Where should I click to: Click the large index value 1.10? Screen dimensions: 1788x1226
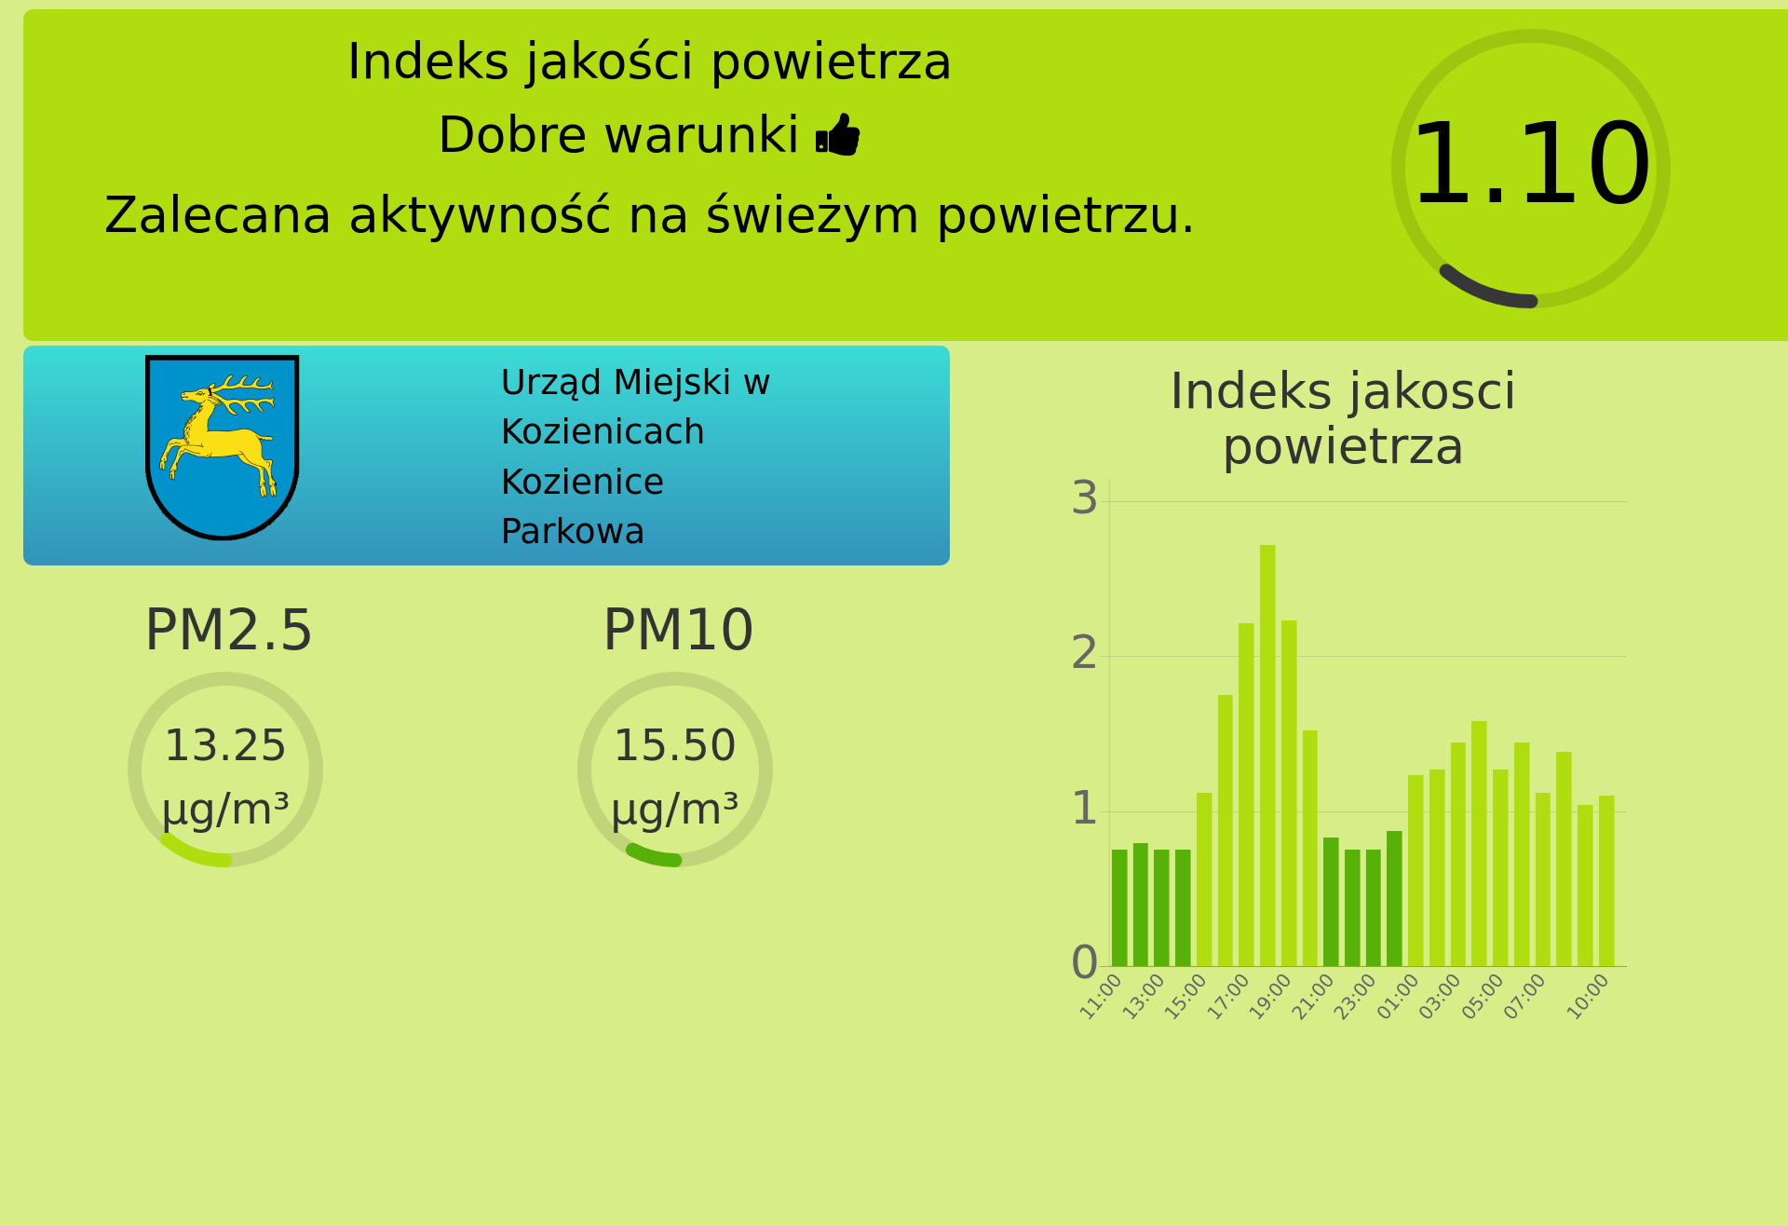(x=1531, y=166)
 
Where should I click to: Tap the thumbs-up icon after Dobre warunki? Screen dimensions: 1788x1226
(x=838, y=135)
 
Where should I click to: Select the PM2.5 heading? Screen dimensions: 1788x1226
(x=228, y=631)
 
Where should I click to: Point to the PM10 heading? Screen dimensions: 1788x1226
(x=678, y=631)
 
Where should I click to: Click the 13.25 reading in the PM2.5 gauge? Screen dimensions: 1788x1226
(x=225, y=746)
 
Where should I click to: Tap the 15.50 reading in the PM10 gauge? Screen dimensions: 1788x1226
(x=675, y=746)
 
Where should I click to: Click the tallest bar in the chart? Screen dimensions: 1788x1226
(x=1267, y=756)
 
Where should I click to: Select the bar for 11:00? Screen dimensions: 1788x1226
(x=1119, y=907)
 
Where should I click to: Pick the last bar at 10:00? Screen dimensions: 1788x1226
(x=1606, y=880)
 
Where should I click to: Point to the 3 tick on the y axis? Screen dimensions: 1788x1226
(x=1084, y=498)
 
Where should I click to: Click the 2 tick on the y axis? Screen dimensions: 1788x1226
(x=1084, y=653)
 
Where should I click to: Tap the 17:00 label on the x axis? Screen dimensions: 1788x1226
(x=1228, y=996)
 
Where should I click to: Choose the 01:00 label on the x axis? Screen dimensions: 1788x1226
(x=1398, y=996)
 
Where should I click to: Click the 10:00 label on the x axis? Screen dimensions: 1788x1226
(x=1588, y=996)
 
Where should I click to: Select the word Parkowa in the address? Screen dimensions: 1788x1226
(x=573, y=532)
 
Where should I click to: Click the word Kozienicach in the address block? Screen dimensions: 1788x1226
(x=603, y=432)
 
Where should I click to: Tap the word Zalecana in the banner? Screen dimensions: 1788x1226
(x=218, y=216)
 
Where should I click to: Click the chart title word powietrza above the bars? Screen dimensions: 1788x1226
(x=1343, y=449)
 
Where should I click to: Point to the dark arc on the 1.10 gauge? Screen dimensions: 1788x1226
(x=1480, y=292)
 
